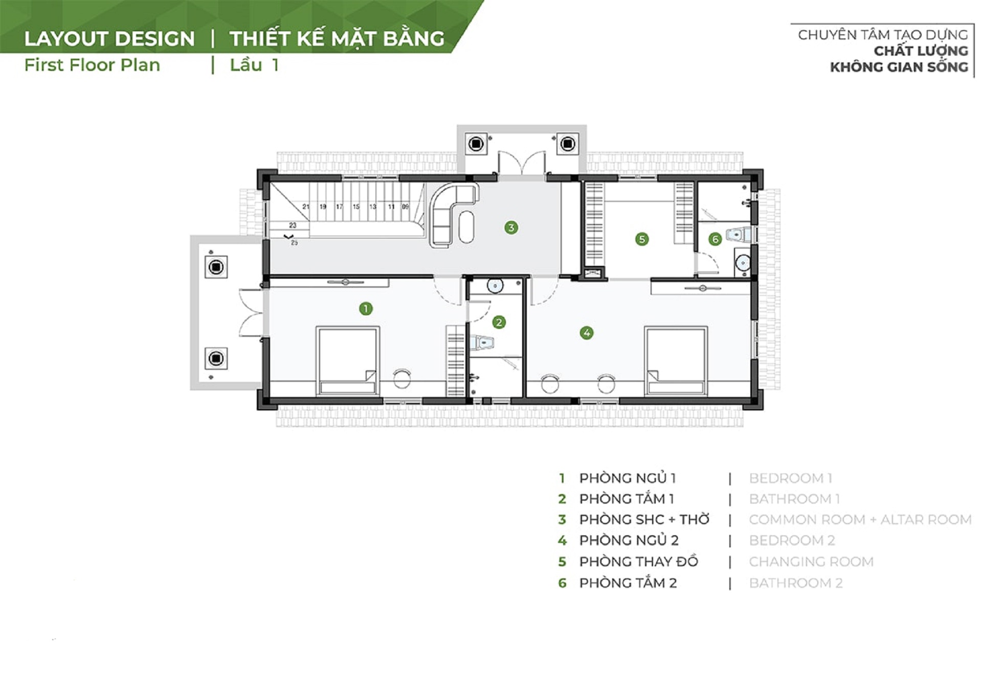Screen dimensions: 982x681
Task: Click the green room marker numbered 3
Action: (x=511, y=228)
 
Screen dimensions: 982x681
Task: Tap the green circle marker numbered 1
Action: (x=366, y=308)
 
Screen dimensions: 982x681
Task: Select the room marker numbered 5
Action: (x=641, y=239)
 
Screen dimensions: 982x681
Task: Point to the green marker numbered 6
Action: (x=715, y=239)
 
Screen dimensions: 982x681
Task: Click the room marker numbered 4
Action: (x=587, y=333)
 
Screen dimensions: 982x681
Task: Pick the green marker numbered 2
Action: (x=499, y=322)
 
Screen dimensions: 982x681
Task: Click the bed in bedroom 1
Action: (x=348, y=360)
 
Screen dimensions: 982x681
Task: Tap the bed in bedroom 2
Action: (x=676, y=360)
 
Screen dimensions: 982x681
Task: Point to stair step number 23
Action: (x=293, y=225)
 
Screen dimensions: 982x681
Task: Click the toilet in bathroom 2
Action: (x=739, y=235)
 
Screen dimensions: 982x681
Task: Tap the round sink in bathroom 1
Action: (x=495, y=286)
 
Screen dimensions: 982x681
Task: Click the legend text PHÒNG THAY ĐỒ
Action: (x=638, y=561)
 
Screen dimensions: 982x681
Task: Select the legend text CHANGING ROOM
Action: (x=811, y=561)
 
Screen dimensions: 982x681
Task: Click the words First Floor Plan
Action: (x=92, y=65)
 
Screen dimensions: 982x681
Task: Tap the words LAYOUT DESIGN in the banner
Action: (x=109, y=39)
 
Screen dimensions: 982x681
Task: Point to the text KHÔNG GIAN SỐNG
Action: (x=899, y=66)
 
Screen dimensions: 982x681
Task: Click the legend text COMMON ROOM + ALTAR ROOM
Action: (x=860, y=519)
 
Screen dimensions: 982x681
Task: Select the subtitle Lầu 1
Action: (x=254, y=65)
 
